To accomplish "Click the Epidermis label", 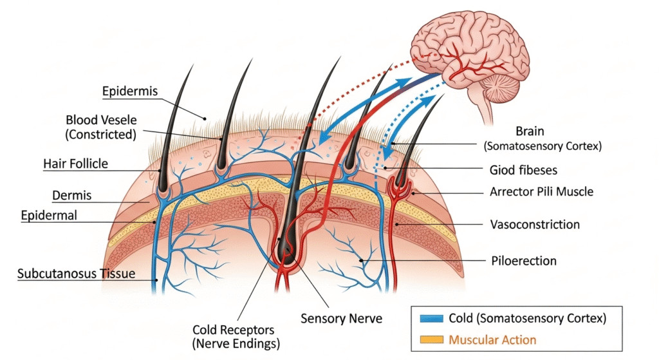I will point(129,91).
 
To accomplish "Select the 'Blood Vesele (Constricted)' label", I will point(102,128).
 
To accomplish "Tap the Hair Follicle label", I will point(75,164).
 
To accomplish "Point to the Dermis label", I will point(71,194).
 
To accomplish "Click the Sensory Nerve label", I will point(342,317).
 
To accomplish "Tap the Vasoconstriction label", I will point(534,224).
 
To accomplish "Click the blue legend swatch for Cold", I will point(431,318).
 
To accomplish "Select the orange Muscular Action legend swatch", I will point(431,339).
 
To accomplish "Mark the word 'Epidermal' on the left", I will point(48,215).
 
